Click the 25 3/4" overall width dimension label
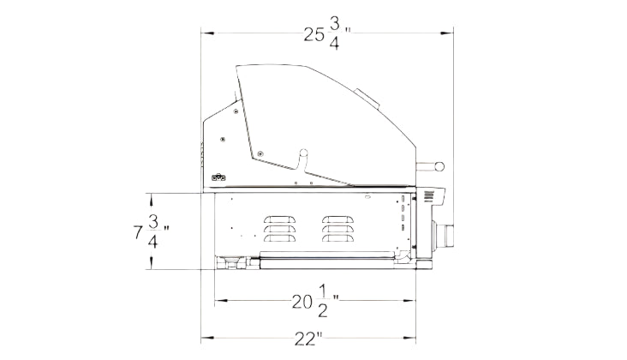point(327,34)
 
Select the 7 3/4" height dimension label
point(151,231)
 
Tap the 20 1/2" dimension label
point(316,302)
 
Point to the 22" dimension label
point(308,339)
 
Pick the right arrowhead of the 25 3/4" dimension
point(446,33)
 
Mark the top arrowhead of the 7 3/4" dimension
point(151,199)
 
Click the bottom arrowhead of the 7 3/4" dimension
point(151,264)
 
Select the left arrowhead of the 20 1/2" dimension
point(221,300)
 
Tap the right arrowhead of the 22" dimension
point(409,338)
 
